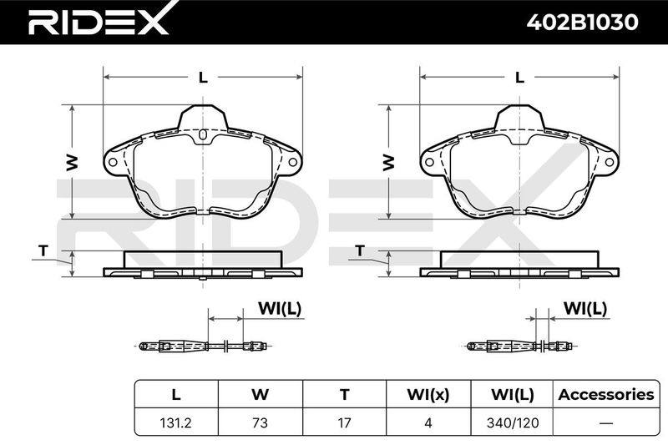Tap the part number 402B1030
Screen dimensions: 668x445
[582, 22]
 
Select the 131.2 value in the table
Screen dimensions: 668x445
[176, 422]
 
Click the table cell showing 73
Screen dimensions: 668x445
[260, 422]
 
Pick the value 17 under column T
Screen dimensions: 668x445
[344, 422]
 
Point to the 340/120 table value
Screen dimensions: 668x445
[513, 422]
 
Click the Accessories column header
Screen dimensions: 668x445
[606, 395]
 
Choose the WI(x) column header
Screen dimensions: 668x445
[428, 395]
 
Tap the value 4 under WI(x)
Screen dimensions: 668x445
[428, 422]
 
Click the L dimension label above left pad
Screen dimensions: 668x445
[203, 78]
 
